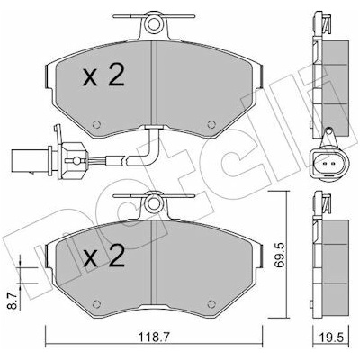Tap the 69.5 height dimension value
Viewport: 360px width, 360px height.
click(x=282, y=256)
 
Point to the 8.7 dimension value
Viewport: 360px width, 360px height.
click(x=12, y=301)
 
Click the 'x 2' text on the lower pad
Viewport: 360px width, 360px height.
click(x=103, y=256)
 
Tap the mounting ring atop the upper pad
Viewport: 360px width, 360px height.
click(x=153, y=24)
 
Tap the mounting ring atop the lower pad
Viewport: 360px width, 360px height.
click(x=153, y=203)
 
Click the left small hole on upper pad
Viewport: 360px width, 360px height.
click(x=96, y=124)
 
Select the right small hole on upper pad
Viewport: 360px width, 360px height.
click(x=211, y=124)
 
